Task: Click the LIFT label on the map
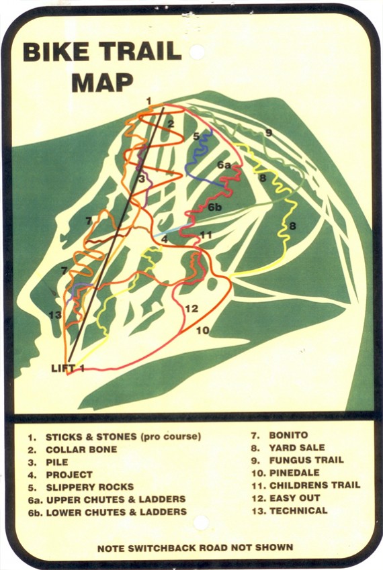(x=65, y=367)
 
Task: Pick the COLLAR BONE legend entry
(x=81, y=449)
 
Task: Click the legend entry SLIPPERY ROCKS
(x=89, y=487)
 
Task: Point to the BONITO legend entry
(x=288, y=435)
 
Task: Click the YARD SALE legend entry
(x=297, y=447)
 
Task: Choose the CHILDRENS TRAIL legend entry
(x=314, y=485)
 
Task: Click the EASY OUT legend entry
(x=295, y=497)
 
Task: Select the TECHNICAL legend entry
(x=298, y=510)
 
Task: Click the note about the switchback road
(x=195, y=547)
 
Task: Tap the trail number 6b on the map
(x=215, y=208)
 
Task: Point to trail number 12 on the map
(x=191, y=309)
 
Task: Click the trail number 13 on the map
(x=55, y=315)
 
